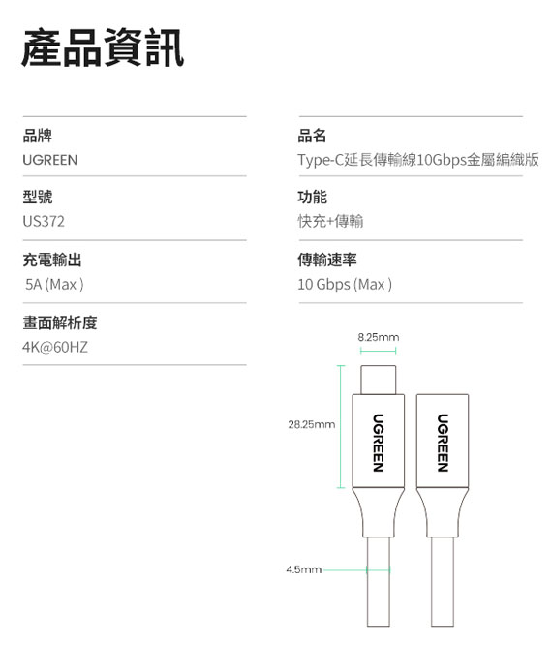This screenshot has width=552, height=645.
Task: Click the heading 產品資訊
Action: (x=103, y=47)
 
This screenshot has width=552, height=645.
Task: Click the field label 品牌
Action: (x=38, y=136)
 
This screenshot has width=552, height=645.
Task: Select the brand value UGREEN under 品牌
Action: (x=50, y=160)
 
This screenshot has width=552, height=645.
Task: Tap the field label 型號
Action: (x=38, y=197)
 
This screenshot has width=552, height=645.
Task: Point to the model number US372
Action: (x=44, y=222)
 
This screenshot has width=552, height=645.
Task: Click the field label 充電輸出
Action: (x=52, y=260)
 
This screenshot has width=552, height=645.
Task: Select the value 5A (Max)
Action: (x=54, y=284)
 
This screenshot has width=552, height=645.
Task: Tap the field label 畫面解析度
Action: (x=60, y=322)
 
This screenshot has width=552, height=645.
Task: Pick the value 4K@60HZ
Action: (x=55, y=347)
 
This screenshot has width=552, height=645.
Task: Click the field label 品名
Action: (x=312, y=136)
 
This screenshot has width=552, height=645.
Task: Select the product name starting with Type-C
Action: (x=418, y=160)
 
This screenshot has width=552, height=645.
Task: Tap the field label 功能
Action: (x=312, y=197)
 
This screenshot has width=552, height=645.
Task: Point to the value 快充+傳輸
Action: (x=330, y=222)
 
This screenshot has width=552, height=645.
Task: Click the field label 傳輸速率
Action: (x=327, y=260)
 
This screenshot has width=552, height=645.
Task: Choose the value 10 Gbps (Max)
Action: (x=345, y=284)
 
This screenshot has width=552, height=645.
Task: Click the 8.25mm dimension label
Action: (x=379, y=337)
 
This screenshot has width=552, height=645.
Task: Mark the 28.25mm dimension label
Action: (x=312, y=424)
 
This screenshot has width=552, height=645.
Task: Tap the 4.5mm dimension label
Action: (x=303, y=569)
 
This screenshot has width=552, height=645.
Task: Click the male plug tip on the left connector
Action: (x=379, y=380)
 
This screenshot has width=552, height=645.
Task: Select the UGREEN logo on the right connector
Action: (x=443, y=443)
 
